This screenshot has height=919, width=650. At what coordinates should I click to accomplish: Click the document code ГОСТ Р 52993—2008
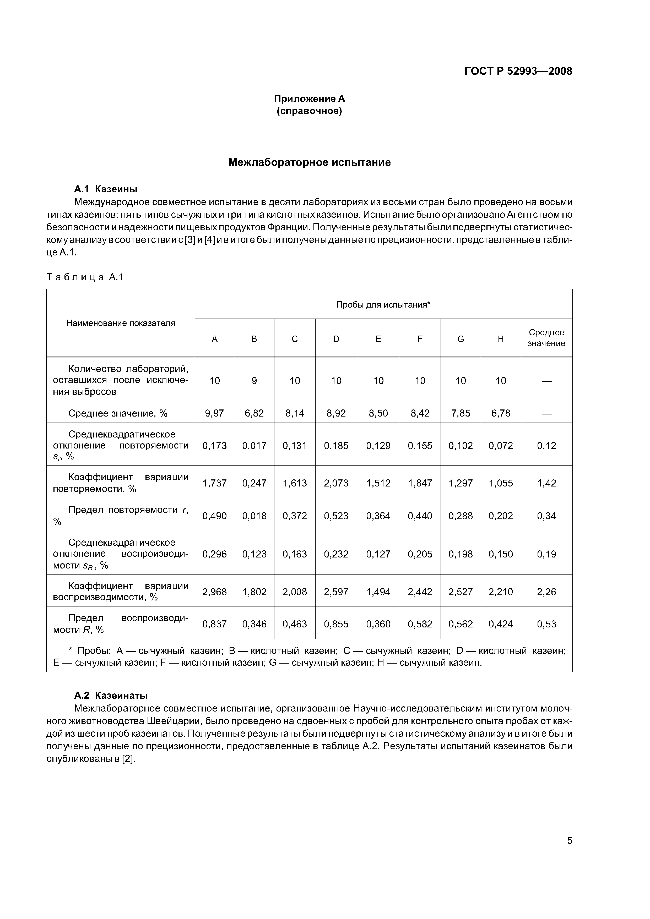click(x=518, y=71)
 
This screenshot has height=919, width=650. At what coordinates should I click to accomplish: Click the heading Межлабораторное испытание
click(x=309, y=162)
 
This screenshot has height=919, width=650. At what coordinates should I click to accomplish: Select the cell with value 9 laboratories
click(x=254, y=381)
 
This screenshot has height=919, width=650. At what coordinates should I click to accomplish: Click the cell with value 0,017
click(x=254, y=446)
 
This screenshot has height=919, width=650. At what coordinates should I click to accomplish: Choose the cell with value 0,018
click(x=254, y=516)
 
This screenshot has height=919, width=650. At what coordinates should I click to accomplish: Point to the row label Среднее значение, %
click(x=118, y=413)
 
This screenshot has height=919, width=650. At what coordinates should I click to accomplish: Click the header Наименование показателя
click(x=121, y=323)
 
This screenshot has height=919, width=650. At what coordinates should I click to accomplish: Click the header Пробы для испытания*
click(x=383, y=305)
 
